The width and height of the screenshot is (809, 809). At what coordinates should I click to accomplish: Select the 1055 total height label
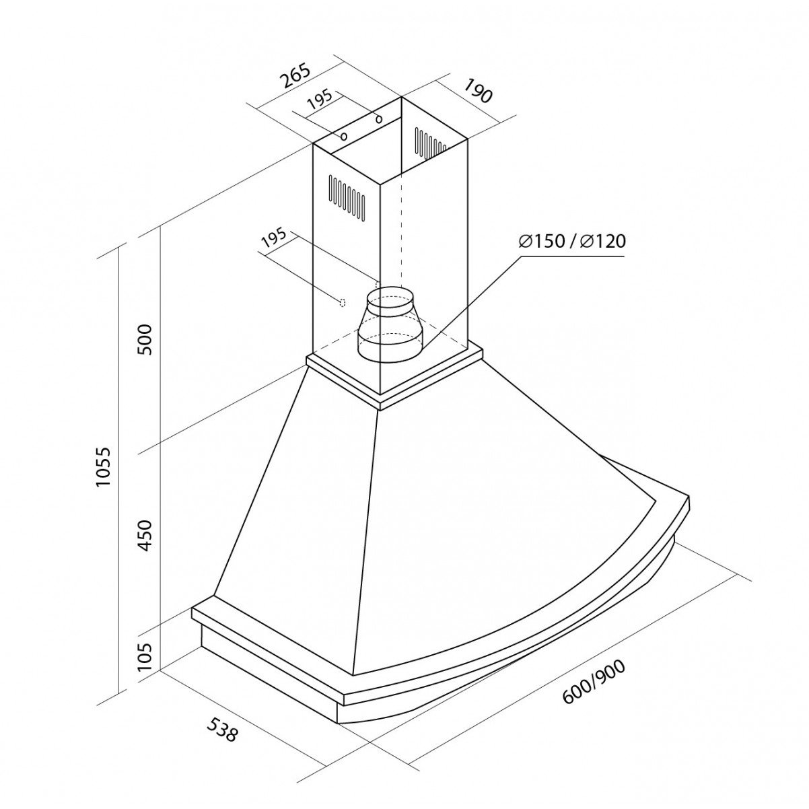[103, 466]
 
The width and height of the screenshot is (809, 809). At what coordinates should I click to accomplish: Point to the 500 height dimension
[145, 339]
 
